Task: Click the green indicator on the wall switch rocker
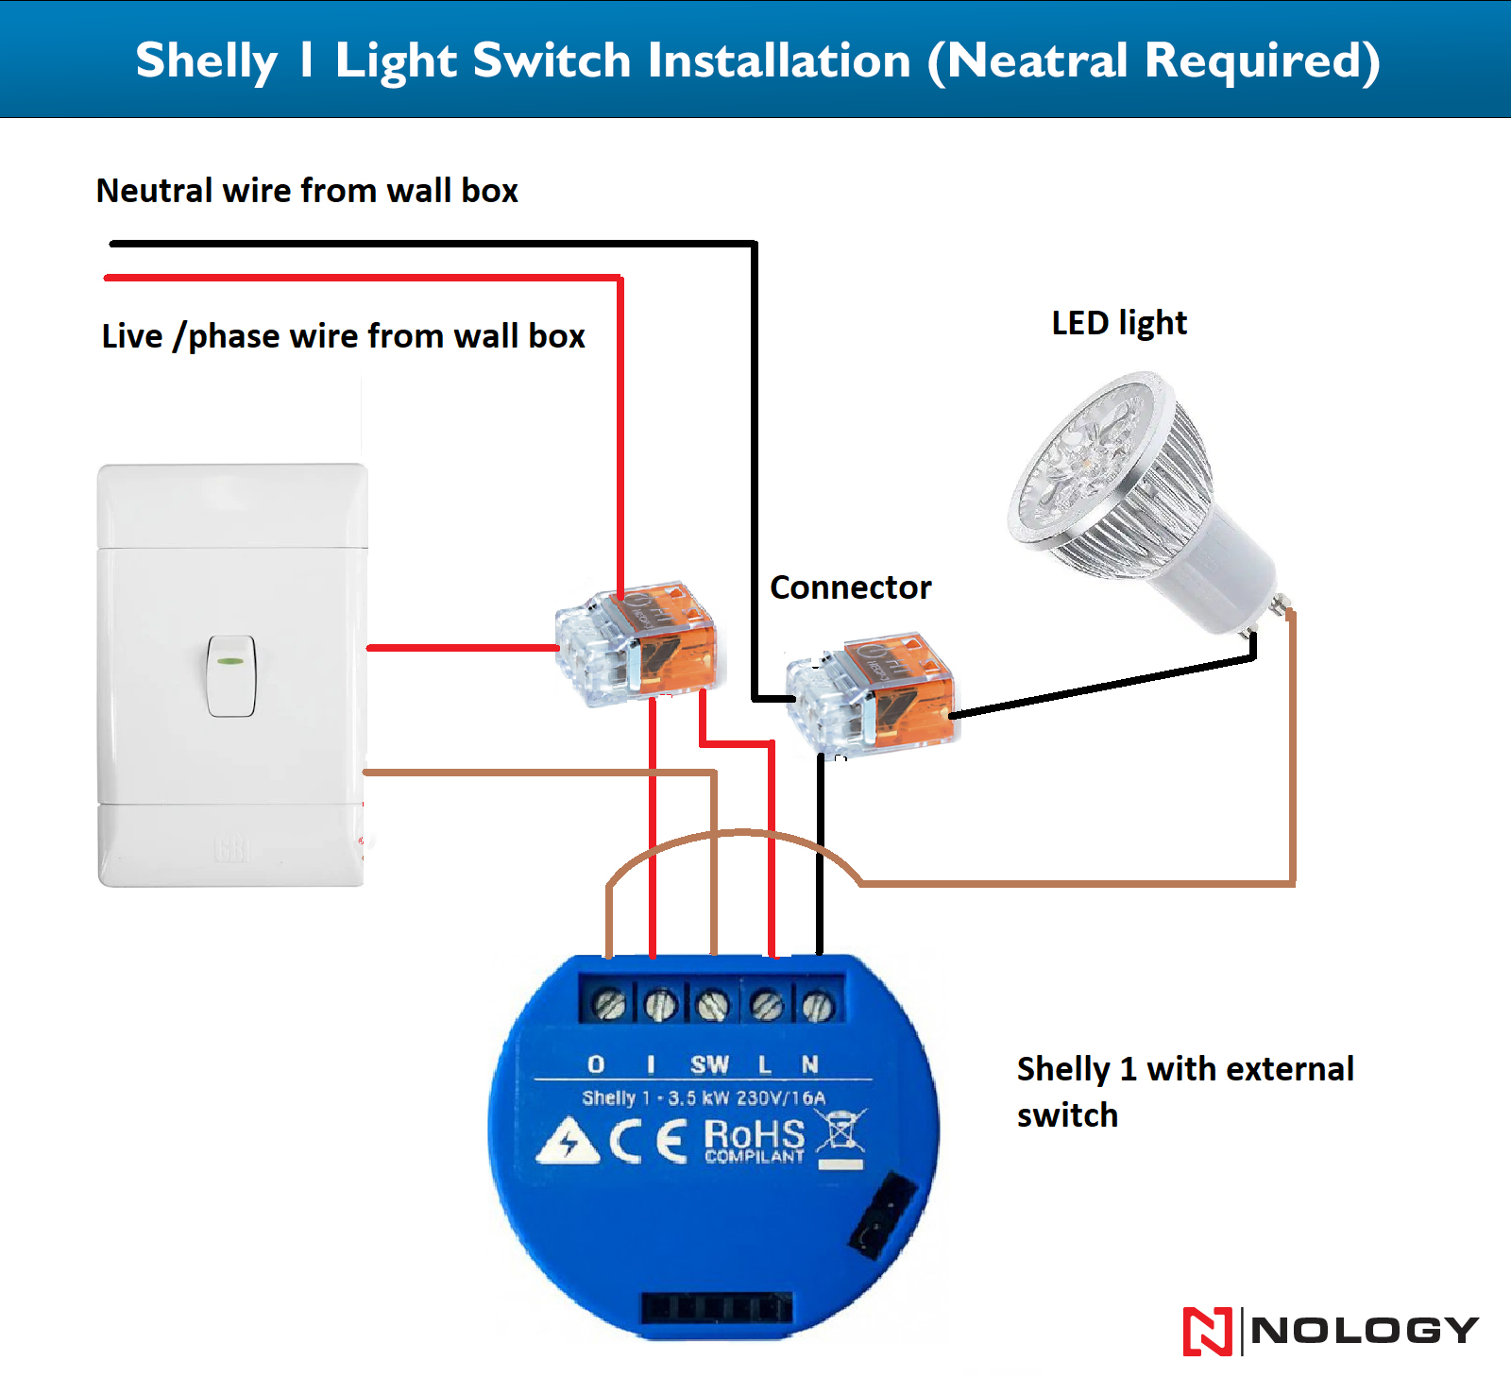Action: point(230,661)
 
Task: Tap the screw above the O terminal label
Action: point(610,1005)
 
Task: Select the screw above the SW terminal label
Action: point(712,1005)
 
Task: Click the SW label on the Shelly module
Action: point(709,1065)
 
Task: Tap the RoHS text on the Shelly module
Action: point(755,1134)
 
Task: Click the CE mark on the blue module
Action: point(648,1141)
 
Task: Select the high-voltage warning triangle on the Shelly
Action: point(568,1142)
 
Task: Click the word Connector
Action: point(850,587)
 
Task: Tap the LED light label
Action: point(1119,323)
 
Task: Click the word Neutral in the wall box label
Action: point(154,191)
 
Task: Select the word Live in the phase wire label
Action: point(132,336)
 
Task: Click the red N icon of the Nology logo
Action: point(1207,1331)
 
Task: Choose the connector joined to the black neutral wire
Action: point(871,693)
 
